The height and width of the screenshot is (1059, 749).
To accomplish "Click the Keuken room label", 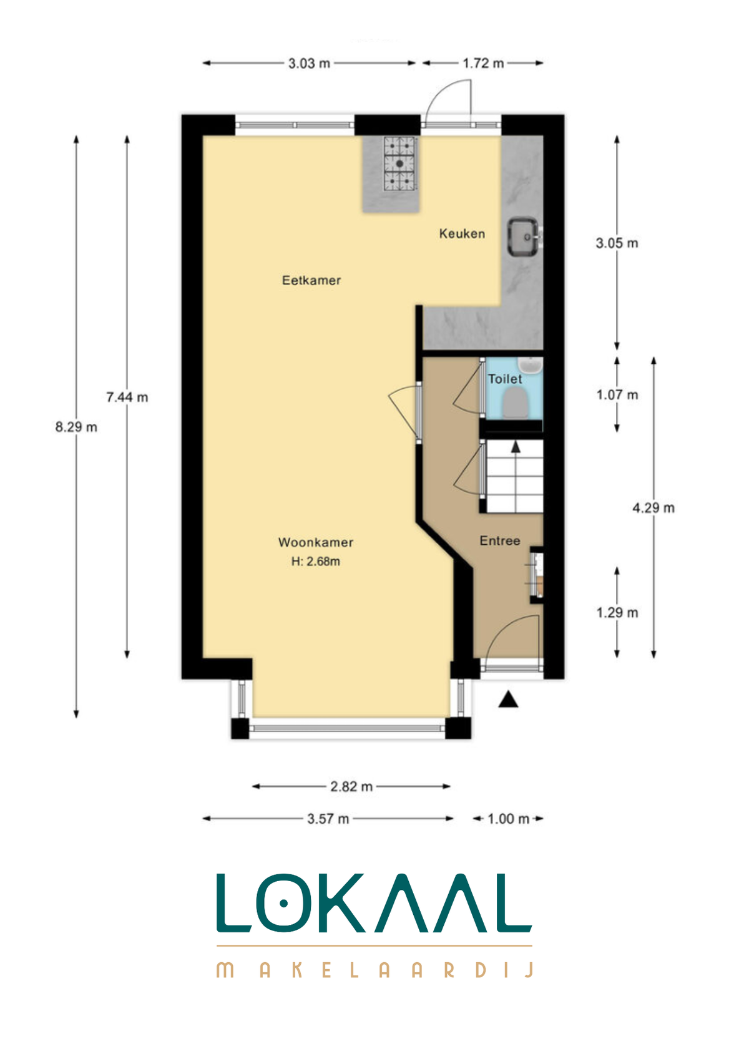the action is [x=461, y=233].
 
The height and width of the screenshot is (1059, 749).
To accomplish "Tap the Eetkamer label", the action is [x=311, y=280].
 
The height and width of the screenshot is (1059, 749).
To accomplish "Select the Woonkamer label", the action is [x=315, y=542].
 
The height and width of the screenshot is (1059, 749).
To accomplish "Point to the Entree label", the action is [x=499, y=541].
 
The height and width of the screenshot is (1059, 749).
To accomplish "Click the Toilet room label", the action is [x=505, y=379].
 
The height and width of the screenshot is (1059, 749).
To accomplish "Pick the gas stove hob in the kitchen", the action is [x=399, y=164].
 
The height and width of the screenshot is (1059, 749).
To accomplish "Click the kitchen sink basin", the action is [x=523, y=237].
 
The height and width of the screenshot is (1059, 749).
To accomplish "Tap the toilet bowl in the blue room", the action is [x=515, y=404].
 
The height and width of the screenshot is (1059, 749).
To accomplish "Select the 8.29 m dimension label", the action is [x=76, y=427].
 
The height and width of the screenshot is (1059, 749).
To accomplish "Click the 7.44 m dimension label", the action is [x=127, y=397].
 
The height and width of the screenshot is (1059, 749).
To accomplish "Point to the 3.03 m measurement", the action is [x=309, y=64].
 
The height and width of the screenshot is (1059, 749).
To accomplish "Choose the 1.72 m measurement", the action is [x=482, y=64].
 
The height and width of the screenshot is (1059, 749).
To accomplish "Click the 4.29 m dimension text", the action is [x=654, y=508].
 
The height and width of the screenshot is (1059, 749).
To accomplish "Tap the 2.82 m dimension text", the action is [x=351, y=787].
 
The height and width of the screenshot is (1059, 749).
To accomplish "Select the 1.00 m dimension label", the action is [x=508, y=819].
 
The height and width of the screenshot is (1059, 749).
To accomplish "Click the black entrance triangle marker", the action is [x=508, y=700].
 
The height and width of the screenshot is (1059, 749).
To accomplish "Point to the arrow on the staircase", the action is [x=516, y=446].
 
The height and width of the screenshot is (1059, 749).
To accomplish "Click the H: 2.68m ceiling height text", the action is [x=315, y=561].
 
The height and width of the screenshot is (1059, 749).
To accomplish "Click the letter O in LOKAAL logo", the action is [x=284, y=904].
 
